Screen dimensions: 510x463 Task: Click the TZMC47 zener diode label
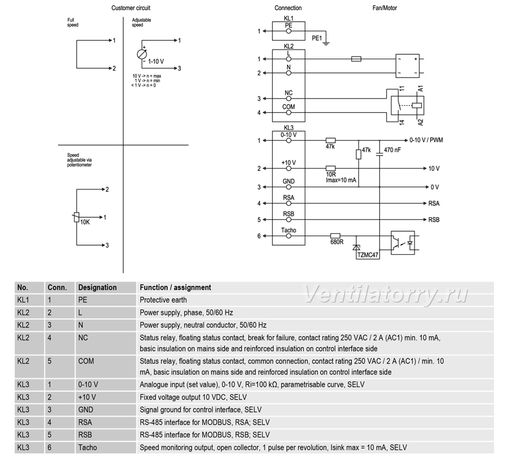tap(368, 255)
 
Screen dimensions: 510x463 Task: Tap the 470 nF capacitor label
tap(392, 150)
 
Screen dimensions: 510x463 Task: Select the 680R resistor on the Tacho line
tap(335, 236)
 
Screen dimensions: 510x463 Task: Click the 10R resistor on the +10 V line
tap(330, 168)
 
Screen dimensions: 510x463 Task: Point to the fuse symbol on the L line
tap(356, 59)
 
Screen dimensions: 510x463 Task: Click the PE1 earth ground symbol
tap(326, 43)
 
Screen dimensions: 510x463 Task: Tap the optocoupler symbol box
tap(403, 243)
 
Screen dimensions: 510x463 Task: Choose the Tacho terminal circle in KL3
tap(289, 236)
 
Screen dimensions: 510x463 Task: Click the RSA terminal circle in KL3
tap(289, 203)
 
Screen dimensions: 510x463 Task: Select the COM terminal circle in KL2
tap(289, 113)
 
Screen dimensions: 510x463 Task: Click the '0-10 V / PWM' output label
tap(426, 140)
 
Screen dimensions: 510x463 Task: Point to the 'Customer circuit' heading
tap(131, 8)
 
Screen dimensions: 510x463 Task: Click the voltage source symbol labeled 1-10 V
tap(142, 54)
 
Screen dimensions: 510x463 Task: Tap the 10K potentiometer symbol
tap(76, 217)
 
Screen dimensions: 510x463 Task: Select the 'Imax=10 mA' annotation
tap(341, 180)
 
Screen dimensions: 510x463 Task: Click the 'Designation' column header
tap(98, 288)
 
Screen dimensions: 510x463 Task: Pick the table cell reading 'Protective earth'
tap(163, 300)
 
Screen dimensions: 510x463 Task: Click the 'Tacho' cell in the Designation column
tap(87, 448)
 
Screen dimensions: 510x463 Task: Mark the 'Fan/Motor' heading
tap(385, 8)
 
